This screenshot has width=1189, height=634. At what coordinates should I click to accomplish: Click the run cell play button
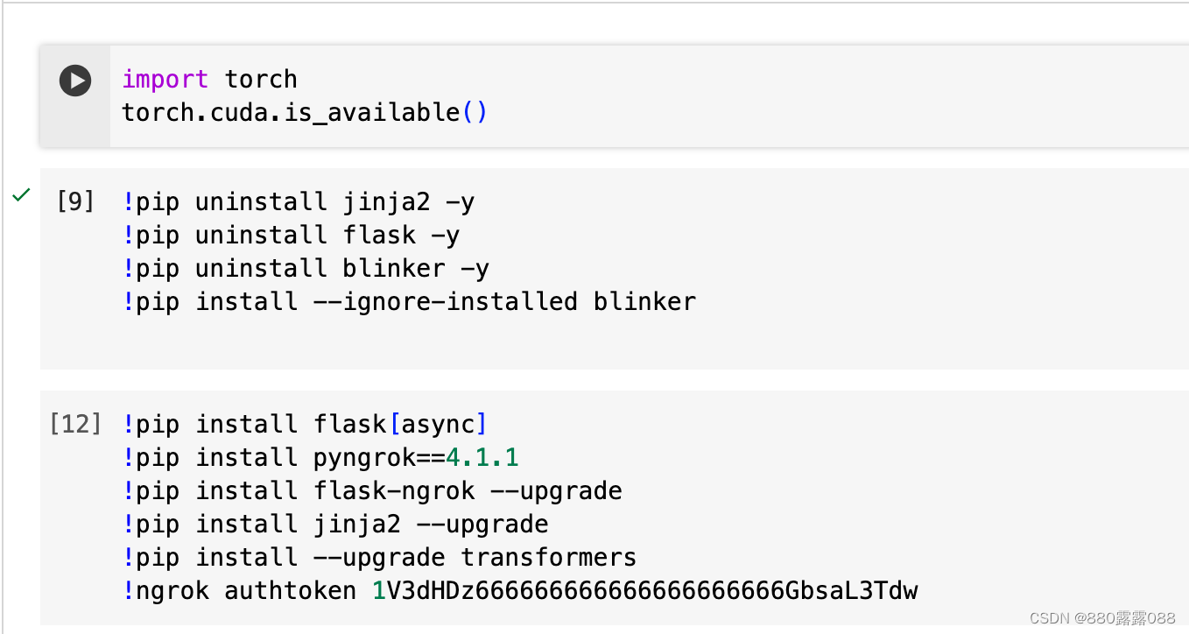[75, 81]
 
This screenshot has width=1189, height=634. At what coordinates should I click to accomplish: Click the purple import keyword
[165, 79]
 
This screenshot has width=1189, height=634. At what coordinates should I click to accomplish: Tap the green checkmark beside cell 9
[21, 195]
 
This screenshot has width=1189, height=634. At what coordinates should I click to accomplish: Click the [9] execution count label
[75, 201]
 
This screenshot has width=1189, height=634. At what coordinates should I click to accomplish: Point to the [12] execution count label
[75, 424]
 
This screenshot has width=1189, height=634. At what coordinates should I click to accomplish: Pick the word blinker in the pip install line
[644, 301]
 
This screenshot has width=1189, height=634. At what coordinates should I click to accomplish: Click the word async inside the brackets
[438, 424]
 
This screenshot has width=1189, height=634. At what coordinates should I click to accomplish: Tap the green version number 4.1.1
[482, 457]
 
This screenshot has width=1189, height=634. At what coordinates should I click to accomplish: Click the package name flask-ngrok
[394, 490]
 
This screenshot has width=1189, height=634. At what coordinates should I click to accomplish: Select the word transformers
[548, 557]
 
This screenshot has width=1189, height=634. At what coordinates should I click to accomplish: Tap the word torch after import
[261, 79]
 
